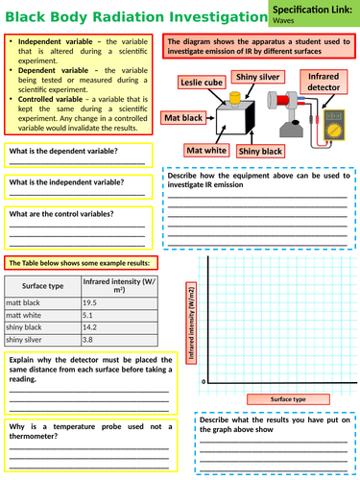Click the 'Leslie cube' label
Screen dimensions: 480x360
point(202,84)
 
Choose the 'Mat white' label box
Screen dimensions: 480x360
point(205,150)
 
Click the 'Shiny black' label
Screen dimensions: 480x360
point(260,151)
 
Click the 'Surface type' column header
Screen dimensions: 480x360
point(42,286)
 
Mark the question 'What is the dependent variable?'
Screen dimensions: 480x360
point(63,151)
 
